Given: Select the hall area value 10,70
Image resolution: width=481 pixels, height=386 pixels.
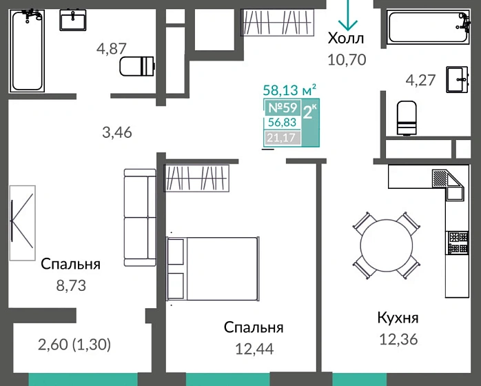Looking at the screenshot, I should pyautogui.click(x=347, y=59).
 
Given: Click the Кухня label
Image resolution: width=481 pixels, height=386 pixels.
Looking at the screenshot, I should pyautogui.click(x=398, y=318).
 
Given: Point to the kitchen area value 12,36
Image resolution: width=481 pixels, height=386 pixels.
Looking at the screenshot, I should pyautogui.click(x=398, y=339).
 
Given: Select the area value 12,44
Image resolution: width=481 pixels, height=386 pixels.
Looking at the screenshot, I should pyautogui.click(x=254, y=349).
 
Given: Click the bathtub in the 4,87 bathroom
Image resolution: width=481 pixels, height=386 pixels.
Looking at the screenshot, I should pyautogui.click(x=28, y=51).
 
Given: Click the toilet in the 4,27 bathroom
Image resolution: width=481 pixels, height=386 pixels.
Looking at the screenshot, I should pyautogui.click(x=407, y=118).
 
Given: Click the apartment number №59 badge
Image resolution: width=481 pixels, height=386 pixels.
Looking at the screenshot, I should pyautogui.click(x=282, y=108).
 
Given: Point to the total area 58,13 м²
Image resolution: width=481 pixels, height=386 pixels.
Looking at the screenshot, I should pyautogui.click(x=290, y=90).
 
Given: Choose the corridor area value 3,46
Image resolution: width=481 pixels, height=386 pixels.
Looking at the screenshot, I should pyautogui.click(x=116, y=132).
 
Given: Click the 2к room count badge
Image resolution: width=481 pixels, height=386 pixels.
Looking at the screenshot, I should pyautogui.click(x=310, y=111).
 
